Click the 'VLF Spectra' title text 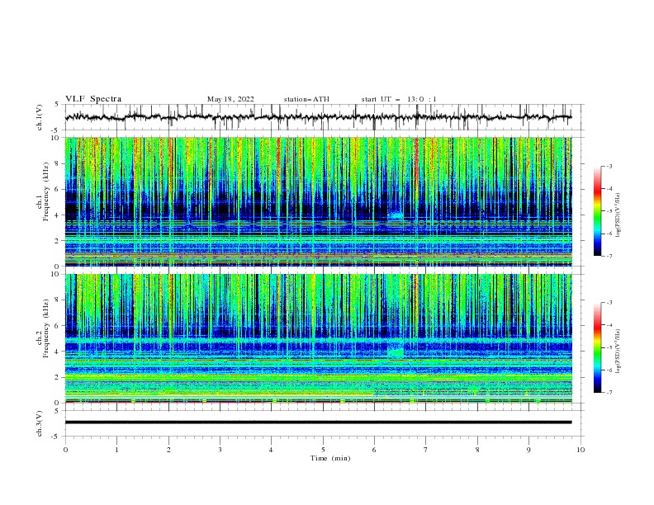click(x=93, y=99)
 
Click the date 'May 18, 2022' click(x=230, y=99)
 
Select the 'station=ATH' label click(x=306, y=99)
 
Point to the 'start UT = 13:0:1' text click(x=399, y=99)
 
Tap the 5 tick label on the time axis click(x=323, y=450)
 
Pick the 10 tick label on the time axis click(x=581, y=450)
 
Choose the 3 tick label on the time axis click(x=220, y=450)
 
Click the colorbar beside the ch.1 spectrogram click(x=597, y=211)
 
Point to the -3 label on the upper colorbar click(x=609, y=167)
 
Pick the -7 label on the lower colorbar click(x=609, y=393)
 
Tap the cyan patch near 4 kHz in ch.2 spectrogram click(x=396, y=352)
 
